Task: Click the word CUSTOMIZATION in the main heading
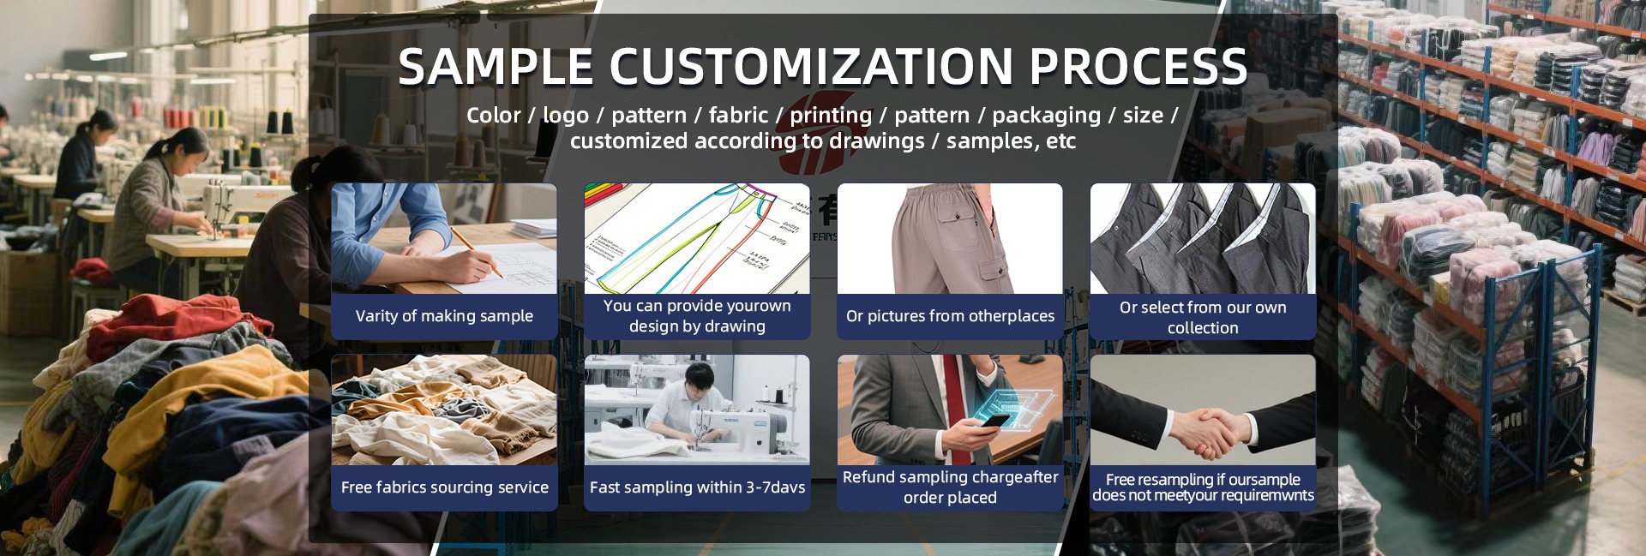811,66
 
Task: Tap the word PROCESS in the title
1138,66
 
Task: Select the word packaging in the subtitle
1046,116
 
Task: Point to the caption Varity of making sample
444,316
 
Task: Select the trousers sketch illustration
696,239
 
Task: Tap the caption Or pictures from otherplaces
950,316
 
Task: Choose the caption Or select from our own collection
1203,318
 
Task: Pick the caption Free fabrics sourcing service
444,487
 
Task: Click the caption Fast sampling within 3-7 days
697,487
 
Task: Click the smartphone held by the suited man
994,421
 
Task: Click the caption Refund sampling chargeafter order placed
950,487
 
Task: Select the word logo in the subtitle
565,116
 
